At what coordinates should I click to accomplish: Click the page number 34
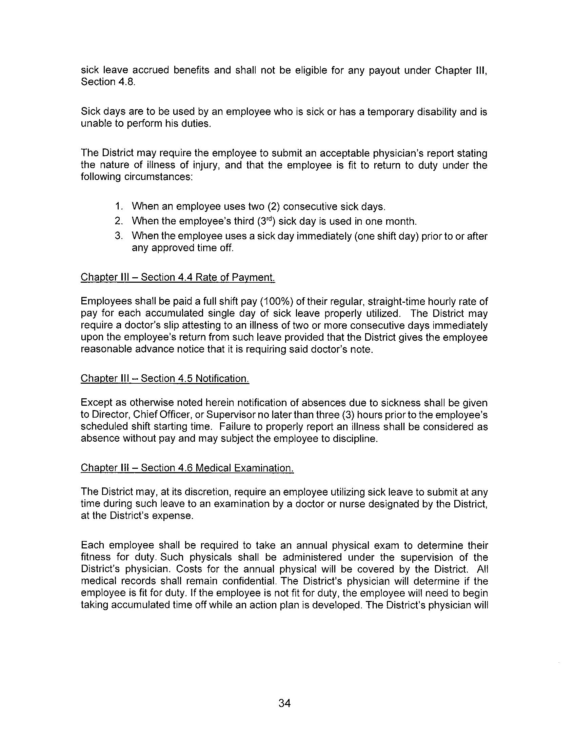click(284, 703)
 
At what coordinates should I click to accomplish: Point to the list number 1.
click(118, 206)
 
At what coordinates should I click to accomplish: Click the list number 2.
click(118, 221)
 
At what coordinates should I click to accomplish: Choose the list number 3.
click(118, 236)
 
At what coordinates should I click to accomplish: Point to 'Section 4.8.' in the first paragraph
click(108, 82)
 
